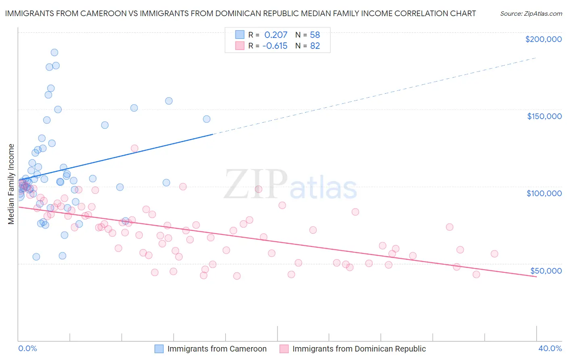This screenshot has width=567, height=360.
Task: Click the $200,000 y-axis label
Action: (x=543, y=39)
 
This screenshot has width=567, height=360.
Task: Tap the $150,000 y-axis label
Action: (x=544, y=116)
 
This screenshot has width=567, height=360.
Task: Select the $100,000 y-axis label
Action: (x=544, y=193)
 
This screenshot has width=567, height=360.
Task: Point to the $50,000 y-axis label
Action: (x=546, y=270)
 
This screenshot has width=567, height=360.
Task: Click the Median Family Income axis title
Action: (x=11, y=184)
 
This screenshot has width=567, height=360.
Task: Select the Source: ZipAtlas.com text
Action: (x=531, y=13)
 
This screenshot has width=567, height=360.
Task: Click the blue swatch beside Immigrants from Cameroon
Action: (x=159, y=349)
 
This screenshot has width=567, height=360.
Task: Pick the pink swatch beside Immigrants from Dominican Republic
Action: (x=284, y=349)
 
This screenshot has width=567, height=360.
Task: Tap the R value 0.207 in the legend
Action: (x=276, y=35)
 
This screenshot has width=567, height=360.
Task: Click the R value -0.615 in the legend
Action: (x=275, y=46)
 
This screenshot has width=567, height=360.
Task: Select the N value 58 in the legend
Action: (x=315, y=35)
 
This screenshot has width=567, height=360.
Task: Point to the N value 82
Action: (x=315, y=46)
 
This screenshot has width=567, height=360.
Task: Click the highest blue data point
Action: (x=54, y=52)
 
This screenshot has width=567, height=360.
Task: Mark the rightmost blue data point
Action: (x=206, y=119)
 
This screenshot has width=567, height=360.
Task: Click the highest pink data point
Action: (x=135, y=149)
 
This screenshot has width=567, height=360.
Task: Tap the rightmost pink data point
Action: (x=494, y=254)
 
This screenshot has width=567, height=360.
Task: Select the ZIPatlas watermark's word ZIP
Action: (x=256, y=185)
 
